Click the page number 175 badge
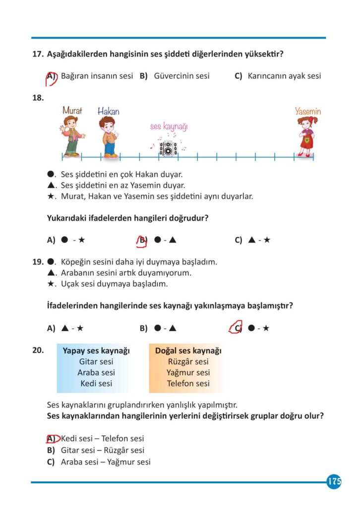[x=334, y=482]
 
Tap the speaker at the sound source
[x=168, y=148]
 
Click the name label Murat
[x=72, y=111]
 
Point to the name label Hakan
[x=108, y=111]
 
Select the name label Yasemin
[x=308, y=112]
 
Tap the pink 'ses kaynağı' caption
[x=169, y=127]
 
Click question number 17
[x=38, y=54]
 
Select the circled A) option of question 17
[x=51, y=76]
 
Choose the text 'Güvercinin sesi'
[x=181, y=76]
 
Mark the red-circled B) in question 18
[x=143, y=240]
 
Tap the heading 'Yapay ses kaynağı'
[x=96, y=351]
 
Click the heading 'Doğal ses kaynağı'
[x=188, y=351]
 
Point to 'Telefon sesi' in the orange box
[x=188, y=383]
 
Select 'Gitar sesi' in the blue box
[x=96, y=362]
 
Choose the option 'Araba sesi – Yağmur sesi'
[x=106, y=462]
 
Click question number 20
[x=38, y=350]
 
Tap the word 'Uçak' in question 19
[x=70, y=284]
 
